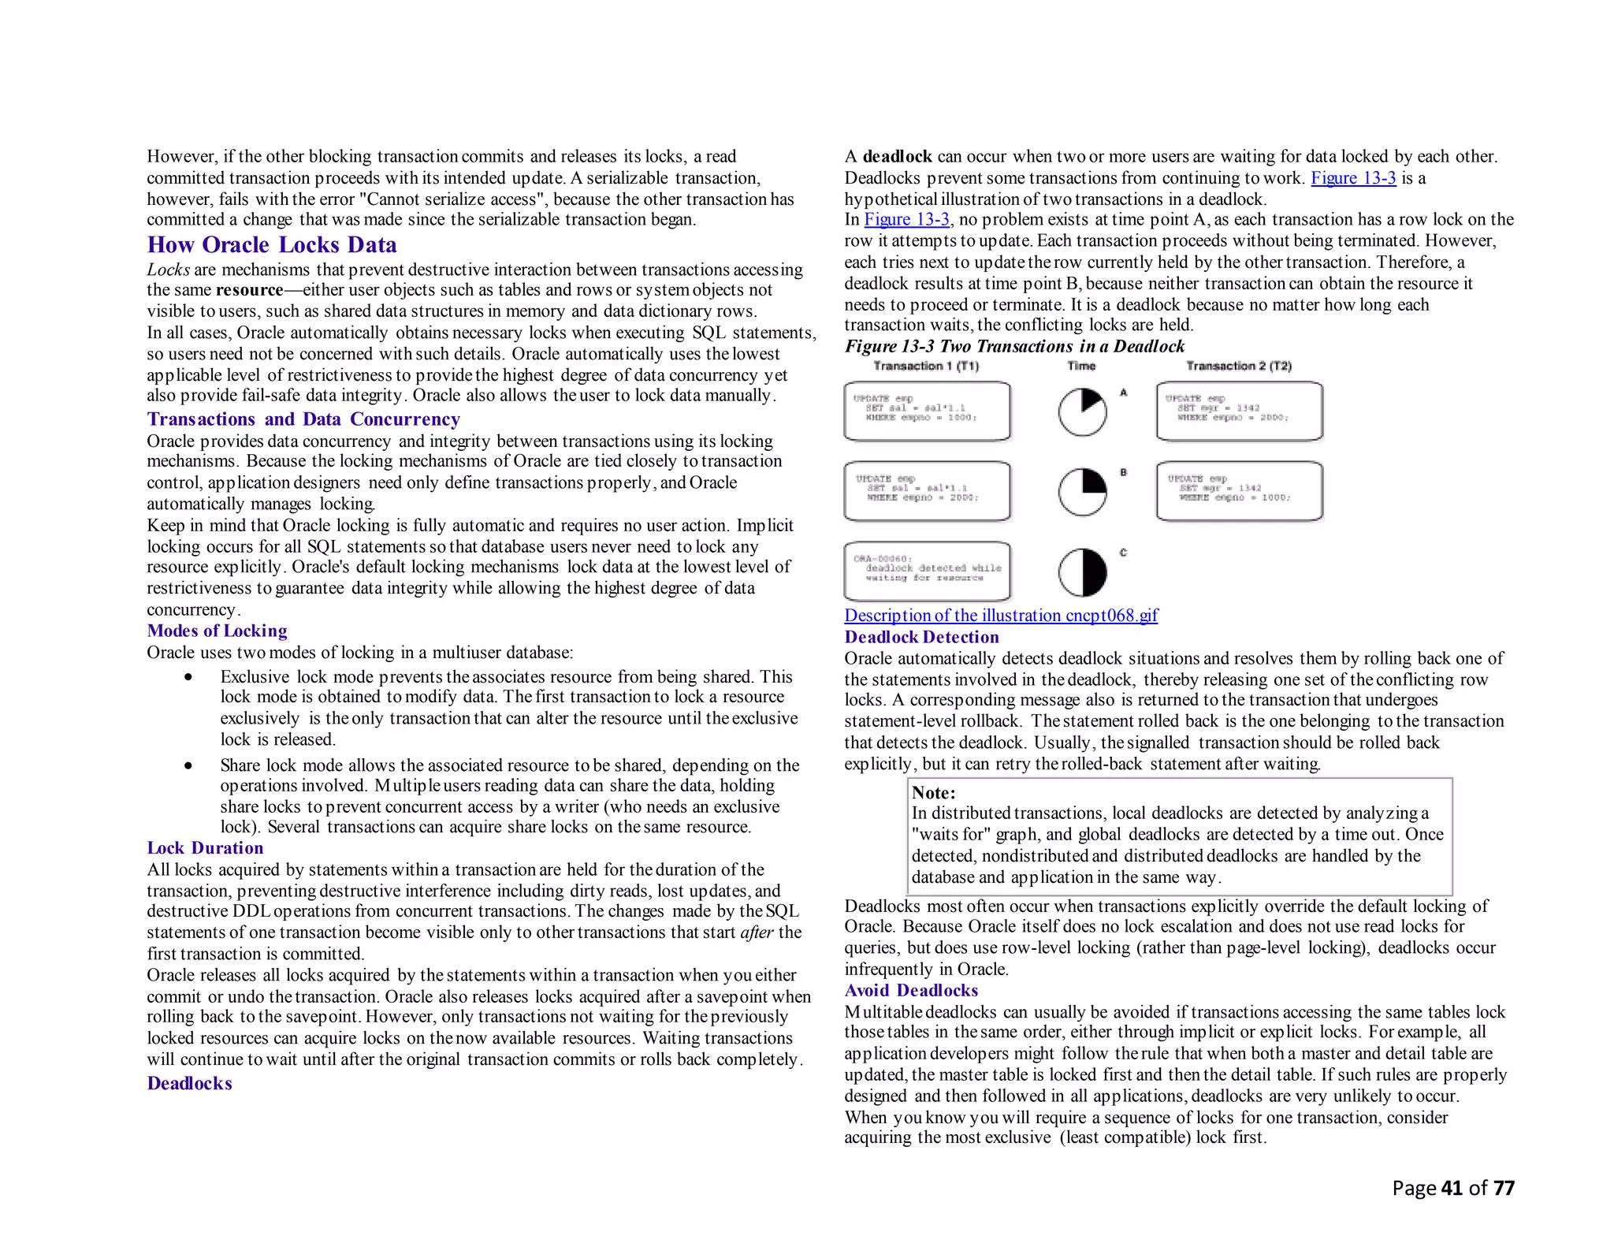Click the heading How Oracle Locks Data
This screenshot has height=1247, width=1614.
tap(272, 245)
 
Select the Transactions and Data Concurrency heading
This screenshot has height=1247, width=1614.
tap(303, 419)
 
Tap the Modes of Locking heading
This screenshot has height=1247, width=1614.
tap(217, 631)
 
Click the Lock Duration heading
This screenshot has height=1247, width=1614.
tap(205, 848)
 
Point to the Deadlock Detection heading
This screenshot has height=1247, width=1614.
tap(921, 637)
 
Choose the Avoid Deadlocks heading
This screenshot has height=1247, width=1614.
tap(911, 991)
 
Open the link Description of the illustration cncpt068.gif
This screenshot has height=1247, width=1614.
tap(1001, 616)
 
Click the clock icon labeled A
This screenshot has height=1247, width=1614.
tap(1082, 412)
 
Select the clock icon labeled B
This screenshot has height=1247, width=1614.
tap(1082, 492)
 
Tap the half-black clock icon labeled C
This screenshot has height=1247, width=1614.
tap(1082, 572)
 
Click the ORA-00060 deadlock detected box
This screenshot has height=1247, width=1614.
tap(927, 571)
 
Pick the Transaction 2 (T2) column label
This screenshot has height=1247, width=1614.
tap(1239, 366)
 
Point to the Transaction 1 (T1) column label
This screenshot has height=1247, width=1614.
tap(926, 366)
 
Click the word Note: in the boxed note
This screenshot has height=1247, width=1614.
tap(933, 793)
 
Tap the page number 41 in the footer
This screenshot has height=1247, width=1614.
tap(1452, 1188)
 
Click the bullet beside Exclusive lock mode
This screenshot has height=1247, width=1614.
tap(188, 677)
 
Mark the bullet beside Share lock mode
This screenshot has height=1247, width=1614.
tap(188, 765)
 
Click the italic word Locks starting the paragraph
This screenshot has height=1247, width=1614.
tap(168, 270)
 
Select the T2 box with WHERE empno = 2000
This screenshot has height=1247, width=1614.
tap(1239, 411)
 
